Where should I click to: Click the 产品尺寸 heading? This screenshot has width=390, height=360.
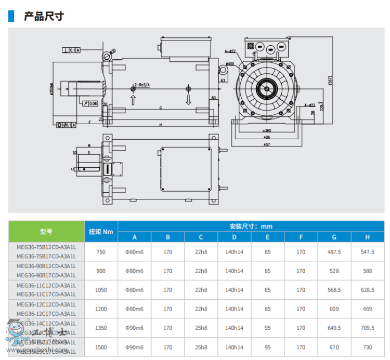pyautogui.click(x=44, y=16)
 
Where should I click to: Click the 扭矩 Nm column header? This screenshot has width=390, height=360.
pyautogui.click(x=101, y=232)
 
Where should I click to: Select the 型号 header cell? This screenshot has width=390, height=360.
pyautogui.click(x=46, y=232)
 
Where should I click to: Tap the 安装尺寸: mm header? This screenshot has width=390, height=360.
pyautogui.click(x=251, y=226)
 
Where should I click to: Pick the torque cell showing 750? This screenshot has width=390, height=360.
pyautogui.click(x=101, y=252)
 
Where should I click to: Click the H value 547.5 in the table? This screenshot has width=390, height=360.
pyautogui.click(x=368, y=252)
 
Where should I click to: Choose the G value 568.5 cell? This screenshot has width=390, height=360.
pyautogui.click(x=334, y=290)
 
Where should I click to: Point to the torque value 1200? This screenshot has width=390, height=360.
pyautogui.click(x=101, y=309)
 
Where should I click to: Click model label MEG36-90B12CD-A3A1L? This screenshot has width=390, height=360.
pyautogui.click(x=46, y=266)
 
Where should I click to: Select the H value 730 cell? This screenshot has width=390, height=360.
pyautogui.click(x=368, y=347)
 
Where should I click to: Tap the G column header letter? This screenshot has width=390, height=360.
pyautogui.click(x=334, y=237)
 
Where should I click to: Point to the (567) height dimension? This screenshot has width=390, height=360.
pyautogui.click(x=330, y=81)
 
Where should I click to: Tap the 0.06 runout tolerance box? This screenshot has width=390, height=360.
pyautogui.click(x=92, y=103)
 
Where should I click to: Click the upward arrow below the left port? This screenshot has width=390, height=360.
pyautogui.click(x=133, y=100)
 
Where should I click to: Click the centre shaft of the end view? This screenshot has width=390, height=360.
pyautogui.click(x=268, y=87)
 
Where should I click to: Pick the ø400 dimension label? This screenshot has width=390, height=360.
pyautogui.click(x=229, y=64)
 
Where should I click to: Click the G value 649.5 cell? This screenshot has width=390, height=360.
pyautogui.click(x=334, y=328)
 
